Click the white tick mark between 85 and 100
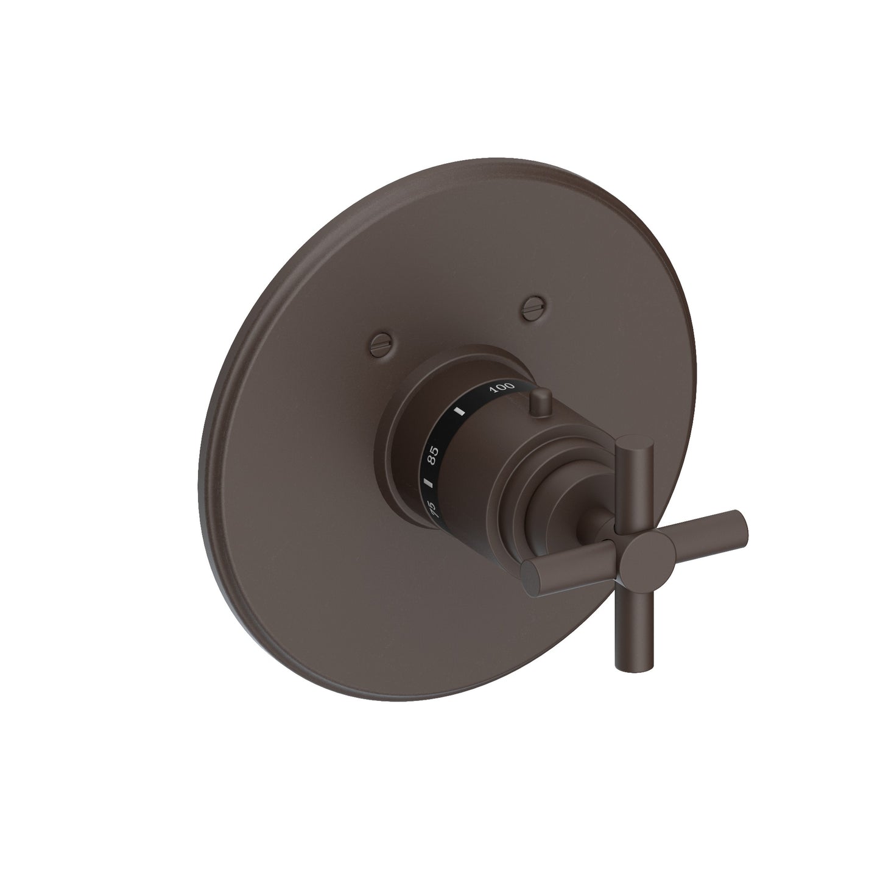pyautogui.click(x=461, y=411)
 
